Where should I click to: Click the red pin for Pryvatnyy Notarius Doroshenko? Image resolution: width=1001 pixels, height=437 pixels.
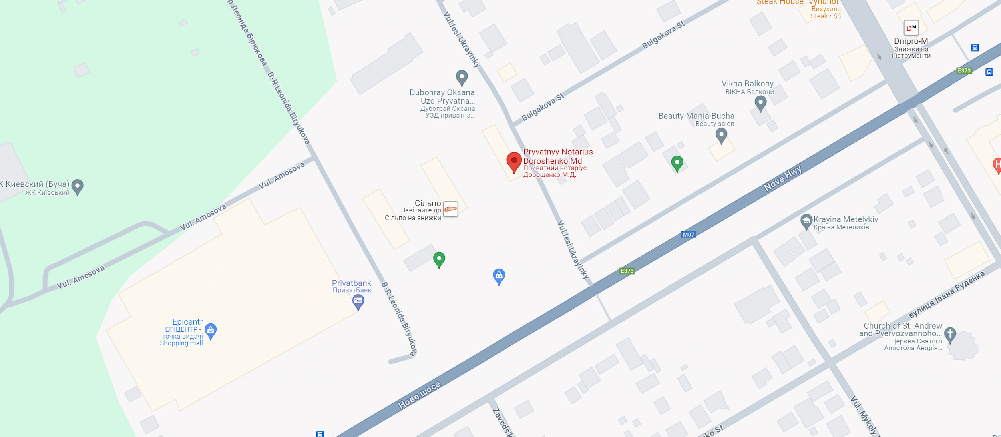pyautogui.click(x=514, y=161)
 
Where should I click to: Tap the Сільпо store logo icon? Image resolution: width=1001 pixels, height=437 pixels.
pyautogui.click(x=450, y=209)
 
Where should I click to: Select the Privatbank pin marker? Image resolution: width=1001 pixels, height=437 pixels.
pyautogui.click(x=358, y=301)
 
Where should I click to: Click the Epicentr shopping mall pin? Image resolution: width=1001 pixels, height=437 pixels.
pyautogui.click(x=211, y=331)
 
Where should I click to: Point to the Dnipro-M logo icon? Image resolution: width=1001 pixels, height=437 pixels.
pyautogui.click(x=911, y=28)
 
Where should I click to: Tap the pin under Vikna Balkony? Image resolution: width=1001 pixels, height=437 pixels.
pyautogui.click(x=760, y=103)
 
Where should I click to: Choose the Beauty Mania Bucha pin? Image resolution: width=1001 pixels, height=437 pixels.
pyautogui.click(x=721, y=136)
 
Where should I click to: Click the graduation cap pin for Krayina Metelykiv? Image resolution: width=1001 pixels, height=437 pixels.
pyautogui.click(x=806, y=221)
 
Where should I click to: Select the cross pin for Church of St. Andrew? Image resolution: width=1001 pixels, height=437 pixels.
pyautogui.click(x=950, y=334)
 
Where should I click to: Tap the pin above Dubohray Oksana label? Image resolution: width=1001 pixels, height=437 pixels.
pyautogui.click(x=462, y=77)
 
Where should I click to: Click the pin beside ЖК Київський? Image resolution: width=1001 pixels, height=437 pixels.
pyautogui.click(x=77, y=186)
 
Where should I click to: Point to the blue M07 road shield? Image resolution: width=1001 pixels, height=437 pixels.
pyautogui.click(x=688, y=235)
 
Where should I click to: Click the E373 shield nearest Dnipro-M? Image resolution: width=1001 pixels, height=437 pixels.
pyautogui.click(x=964, y=71)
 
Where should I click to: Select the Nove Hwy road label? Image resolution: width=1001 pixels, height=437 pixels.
pyautogui.click(x=782, y=178)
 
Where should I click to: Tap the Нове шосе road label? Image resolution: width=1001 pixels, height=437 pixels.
pyautogui.click(x=419, y=395)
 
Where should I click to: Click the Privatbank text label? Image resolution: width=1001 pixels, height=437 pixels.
pyautogui.click(x=351, y=283)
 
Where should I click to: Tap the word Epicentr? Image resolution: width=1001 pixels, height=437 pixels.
pyautogui.click(x=187, y=322)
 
